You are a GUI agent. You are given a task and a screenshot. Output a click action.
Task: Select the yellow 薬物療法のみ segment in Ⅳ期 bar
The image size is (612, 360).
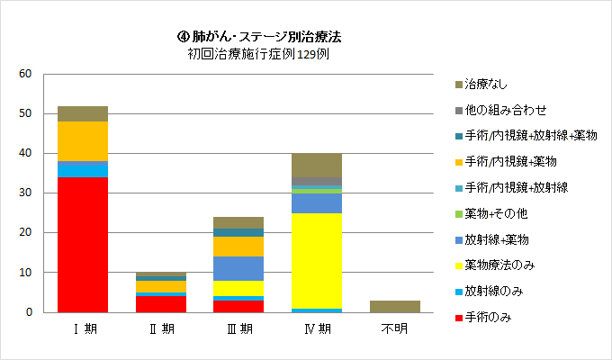point(317,261)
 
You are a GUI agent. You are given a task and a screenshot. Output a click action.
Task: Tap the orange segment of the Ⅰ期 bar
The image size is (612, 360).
point(83,141)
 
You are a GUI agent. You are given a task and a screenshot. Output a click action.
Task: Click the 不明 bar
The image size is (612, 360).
point(394,306)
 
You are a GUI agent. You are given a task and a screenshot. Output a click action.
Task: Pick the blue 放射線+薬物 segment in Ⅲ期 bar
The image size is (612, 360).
point(238,268)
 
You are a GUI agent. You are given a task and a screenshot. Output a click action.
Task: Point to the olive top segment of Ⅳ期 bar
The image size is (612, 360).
point(317,166)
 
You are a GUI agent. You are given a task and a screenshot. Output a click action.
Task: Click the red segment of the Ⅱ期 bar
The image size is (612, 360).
point(161,304)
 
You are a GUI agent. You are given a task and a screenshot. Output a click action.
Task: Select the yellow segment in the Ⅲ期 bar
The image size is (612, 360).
point(238,288)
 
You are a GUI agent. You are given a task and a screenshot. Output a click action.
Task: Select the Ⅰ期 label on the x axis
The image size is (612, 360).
point(84,328)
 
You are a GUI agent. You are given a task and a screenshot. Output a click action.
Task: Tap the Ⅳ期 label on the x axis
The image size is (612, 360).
point(317,328)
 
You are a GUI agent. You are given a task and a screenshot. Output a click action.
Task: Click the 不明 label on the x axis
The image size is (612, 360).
point(394,328)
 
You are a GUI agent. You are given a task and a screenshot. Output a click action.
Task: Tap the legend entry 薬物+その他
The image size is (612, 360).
point(497,214)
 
